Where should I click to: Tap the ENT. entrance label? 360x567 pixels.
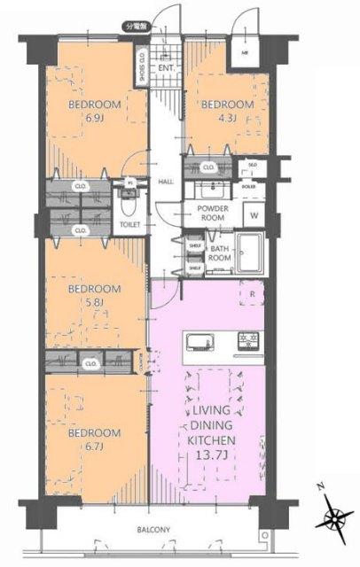[166, 67]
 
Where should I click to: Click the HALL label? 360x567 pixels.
[165, 182]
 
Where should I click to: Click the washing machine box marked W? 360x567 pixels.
[254, 215]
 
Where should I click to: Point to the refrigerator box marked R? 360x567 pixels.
[252, 293]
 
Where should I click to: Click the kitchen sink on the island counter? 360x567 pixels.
[198, 341]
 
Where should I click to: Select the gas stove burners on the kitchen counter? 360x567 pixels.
[246, 341]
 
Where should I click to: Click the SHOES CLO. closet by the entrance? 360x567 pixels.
[142, 67]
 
